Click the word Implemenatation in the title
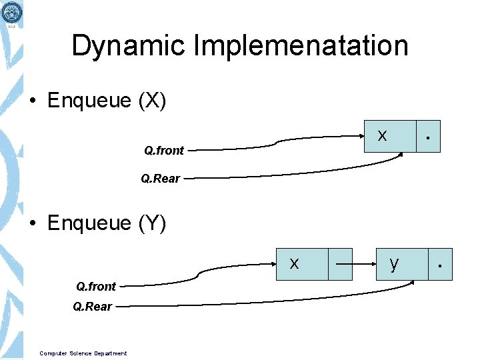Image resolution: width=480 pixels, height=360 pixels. (301, 46)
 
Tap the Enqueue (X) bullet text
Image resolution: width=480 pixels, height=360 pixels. (107, 101)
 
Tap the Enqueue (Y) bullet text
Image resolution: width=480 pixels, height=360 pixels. (107, 223)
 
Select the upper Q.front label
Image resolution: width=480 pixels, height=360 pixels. (164, 151)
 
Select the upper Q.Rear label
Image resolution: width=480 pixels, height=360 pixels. (161, 179)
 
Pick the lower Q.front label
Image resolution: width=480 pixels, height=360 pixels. (96, 287)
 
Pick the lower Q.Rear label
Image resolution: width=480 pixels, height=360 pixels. (93, 307)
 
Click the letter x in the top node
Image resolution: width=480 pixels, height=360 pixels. (382, 135)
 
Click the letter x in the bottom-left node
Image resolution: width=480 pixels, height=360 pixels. (294, 263)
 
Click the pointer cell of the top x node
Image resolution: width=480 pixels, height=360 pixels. (428, 137)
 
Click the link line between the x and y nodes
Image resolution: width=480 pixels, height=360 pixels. (354, 264)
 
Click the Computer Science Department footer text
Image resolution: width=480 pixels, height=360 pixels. (83, 353)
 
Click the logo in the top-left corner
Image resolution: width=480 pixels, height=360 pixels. (11, 12)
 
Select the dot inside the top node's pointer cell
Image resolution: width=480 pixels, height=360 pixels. (428, 139)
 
